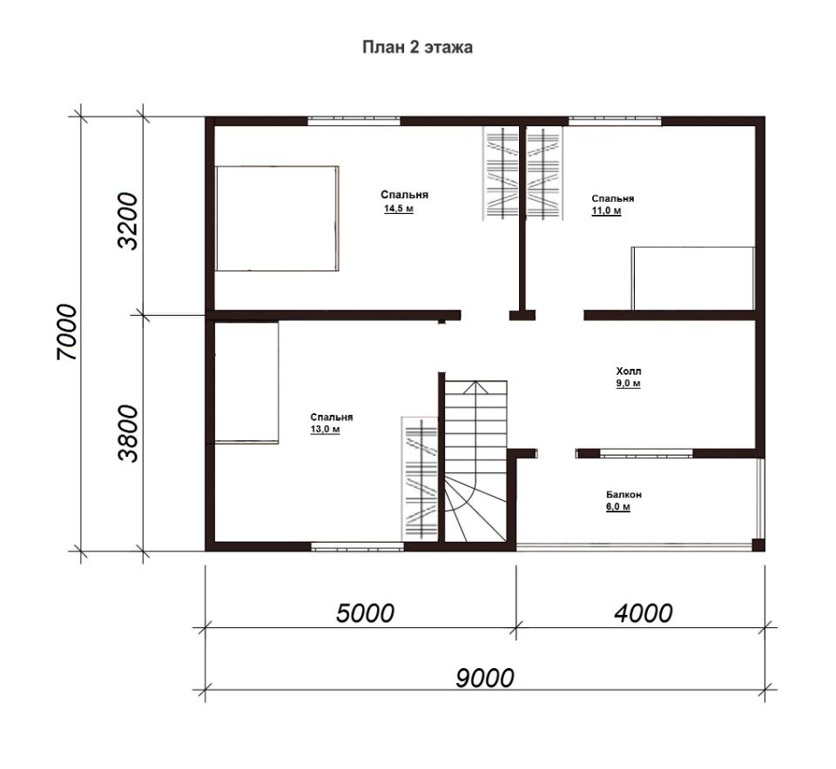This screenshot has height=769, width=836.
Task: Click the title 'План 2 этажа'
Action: pos(417,47)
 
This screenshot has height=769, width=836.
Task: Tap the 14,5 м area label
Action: pos(399,209)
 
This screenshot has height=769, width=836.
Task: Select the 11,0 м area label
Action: pos(606,211)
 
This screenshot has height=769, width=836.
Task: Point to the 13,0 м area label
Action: pos(325,429)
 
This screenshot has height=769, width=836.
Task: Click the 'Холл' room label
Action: pos(629,371)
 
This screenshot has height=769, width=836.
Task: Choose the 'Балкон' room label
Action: pos(624,494)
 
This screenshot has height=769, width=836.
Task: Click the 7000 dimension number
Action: pos(67,332)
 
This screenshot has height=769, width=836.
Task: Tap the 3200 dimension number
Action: pos(127,220)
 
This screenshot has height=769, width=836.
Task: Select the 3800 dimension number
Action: pos(127,433)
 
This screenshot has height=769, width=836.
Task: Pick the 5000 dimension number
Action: pos(365,613)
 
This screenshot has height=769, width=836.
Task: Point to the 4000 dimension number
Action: pos(644,613)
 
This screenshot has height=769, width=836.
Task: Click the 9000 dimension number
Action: pos(485,678)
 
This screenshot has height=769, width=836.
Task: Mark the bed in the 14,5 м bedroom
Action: pos(277,218)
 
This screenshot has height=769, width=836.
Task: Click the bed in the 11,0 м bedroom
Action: pos(693,278)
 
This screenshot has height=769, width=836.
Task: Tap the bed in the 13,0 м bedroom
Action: pos(246,383)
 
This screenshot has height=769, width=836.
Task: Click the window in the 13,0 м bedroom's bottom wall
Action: pos(358,545)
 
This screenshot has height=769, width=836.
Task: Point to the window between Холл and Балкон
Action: pos(646,454)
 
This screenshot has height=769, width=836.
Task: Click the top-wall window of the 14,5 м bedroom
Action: pos(354,121)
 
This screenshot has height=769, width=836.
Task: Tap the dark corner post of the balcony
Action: pos(758,545)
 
